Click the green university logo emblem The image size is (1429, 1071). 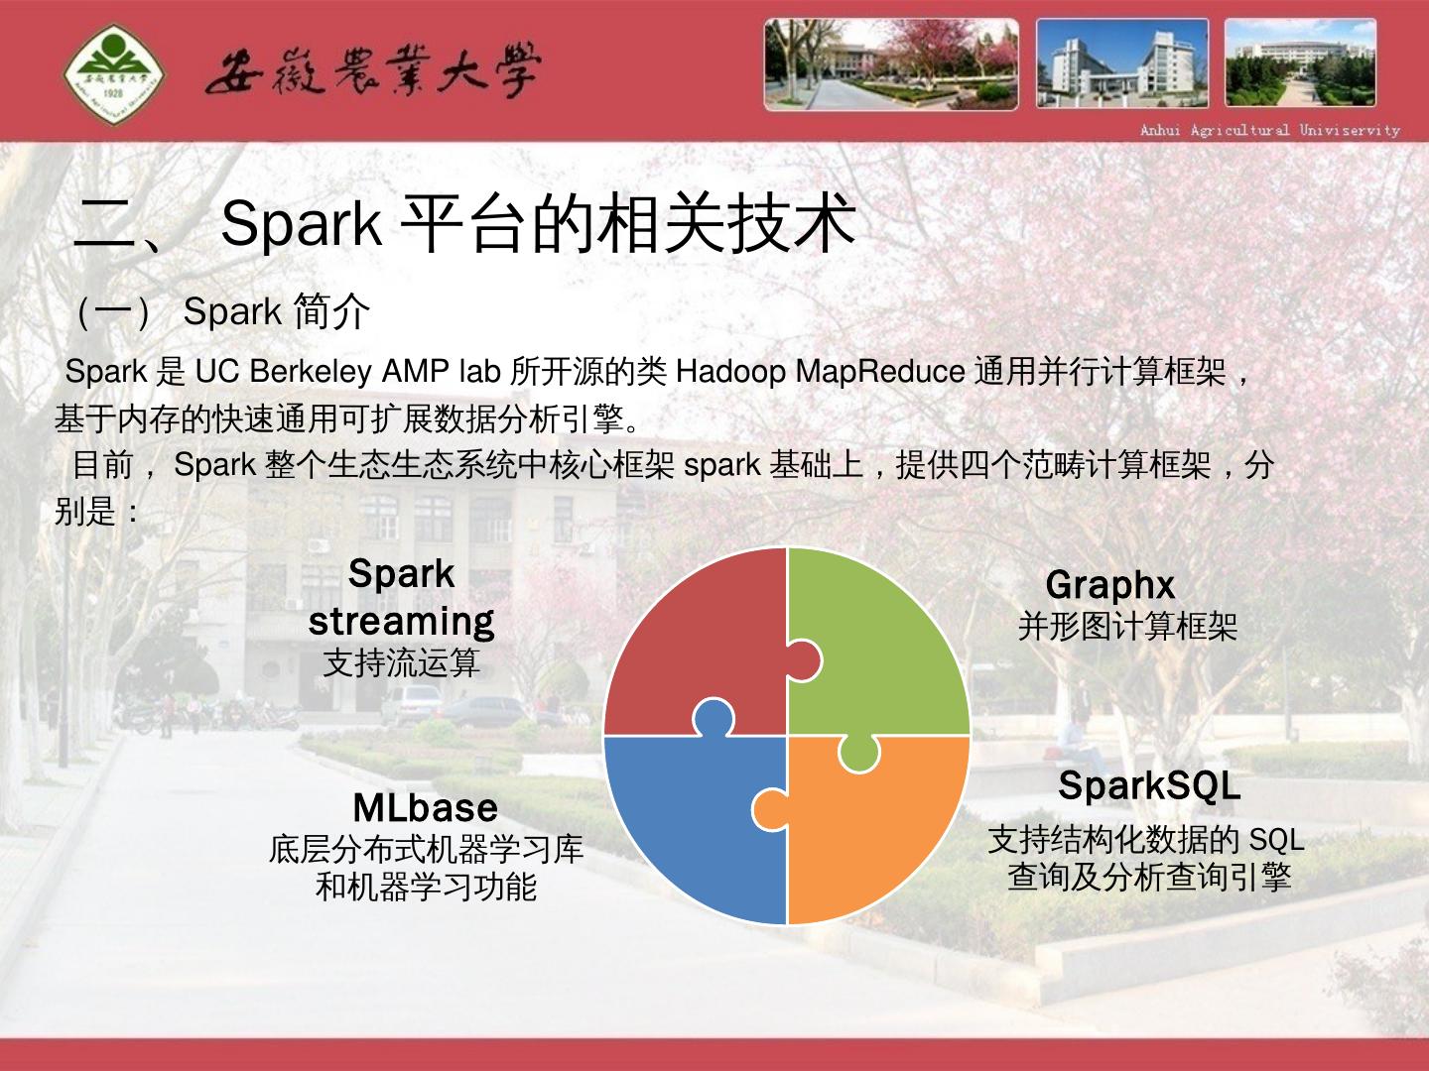pos(114,73)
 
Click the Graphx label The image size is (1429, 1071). pos(1110,585)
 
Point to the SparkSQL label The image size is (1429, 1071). pos(1149,785)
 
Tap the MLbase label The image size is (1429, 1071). pos(425,808)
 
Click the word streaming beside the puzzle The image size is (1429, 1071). pos(401,623)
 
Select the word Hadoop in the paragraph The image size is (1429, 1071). pos(730,372)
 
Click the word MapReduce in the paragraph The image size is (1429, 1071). pos(880,372)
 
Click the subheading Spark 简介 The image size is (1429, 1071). pos(277,311)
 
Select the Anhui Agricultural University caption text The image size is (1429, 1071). pos(1270,130)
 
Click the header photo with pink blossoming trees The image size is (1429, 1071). pos(891,63)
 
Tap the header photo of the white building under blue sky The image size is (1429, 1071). pos(1122,63)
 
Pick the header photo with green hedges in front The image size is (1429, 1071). pos(1300,62)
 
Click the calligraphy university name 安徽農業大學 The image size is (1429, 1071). pos(373,71)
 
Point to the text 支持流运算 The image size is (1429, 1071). pos(402,662)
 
